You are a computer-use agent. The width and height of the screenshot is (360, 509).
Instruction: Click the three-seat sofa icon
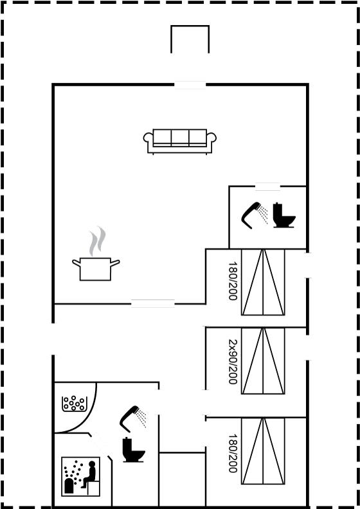coord(180,141)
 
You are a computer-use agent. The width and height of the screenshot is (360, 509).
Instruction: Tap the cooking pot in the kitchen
coord(96,269)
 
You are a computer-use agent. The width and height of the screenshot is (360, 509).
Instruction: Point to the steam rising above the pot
coord(97,241)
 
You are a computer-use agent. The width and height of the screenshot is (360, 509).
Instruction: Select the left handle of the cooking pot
coord(76,263)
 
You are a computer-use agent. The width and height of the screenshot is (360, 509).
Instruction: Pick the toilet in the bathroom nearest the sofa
coord(284,215)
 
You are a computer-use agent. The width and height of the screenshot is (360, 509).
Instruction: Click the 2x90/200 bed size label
coord(233,362)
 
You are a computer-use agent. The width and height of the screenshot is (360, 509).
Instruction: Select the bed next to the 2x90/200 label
coord(263,361)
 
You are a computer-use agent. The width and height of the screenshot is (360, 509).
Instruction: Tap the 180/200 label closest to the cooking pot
coord(233,281)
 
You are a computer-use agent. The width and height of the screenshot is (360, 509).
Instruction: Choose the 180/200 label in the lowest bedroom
coord(233,453)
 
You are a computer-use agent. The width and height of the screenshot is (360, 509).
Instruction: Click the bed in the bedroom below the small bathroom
coord(263,281)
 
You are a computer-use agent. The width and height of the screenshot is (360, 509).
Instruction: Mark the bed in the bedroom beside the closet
coord(263,451)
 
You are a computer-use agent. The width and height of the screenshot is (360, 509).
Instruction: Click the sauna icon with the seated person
coord(81,476)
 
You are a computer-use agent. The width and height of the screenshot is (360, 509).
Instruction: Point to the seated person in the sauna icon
coord(89,474)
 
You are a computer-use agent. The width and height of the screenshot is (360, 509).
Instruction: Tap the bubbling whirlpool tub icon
coord(74,404)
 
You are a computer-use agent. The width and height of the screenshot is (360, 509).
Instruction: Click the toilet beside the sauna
coord(134,450)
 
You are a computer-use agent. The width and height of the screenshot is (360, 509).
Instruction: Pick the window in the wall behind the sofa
coord(190,85)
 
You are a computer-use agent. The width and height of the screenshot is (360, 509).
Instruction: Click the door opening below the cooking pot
coord(153,303)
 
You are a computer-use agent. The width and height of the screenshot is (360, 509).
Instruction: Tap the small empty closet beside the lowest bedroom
coord(182,479)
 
